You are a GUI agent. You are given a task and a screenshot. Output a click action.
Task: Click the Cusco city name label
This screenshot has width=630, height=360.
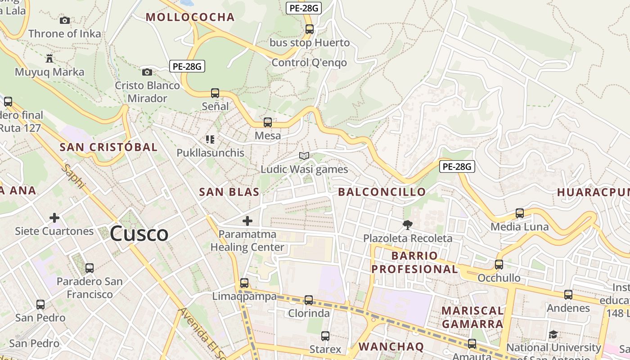(x=139, y=234)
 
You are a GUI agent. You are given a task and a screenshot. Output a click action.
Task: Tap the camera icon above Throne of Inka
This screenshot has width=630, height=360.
(x=65, y=20)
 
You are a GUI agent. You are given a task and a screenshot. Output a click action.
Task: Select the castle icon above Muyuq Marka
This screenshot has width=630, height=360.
(x=49, y=58)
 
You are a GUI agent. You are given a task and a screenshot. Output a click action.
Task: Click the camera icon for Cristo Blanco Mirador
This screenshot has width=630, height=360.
(x=147, y=72)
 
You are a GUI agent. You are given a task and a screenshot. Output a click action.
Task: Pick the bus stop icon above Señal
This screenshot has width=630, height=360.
(x=215, y=93)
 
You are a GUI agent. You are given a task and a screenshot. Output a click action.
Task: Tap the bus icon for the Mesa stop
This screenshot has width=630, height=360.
(x=268, y=122)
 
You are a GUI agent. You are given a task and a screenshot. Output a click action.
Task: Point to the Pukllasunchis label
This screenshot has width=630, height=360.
(x=210, y=153)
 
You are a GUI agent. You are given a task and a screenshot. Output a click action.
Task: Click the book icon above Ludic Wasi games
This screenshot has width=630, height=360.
(x=304, y=156)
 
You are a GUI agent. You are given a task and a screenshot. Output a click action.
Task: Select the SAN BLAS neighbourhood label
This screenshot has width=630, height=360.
(x=229, y=192)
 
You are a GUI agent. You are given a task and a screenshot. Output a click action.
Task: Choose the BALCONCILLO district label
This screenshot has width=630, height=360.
(x=382, y=192)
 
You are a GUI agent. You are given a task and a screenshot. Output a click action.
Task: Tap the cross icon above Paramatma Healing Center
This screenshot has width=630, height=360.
(x=247, y=221)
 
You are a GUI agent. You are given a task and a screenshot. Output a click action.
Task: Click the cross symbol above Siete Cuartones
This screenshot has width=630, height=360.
(x=54, y=218)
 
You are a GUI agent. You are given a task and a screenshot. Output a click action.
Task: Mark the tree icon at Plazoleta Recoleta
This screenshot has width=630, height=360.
(x=408, y=225)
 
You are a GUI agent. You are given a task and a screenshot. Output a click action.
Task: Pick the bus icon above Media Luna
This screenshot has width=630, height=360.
(x=520, y=213)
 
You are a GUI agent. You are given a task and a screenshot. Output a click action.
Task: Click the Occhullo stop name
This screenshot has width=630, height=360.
(x=499, y=278)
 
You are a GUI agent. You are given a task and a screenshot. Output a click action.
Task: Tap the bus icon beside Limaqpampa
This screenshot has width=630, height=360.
(x=244, y=283)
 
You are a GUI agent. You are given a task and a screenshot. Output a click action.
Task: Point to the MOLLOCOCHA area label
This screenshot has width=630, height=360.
(x=190, y=17)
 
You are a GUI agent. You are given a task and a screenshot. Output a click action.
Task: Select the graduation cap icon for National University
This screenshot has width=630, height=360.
(x=553, y=334)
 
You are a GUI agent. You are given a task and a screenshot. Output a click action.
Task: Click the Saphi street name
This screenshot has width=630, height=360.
(x=73, y=176)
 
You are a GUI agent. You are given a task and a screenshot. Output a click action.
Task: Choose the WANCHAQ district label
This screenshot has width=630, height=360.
(x=391, y=346)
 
